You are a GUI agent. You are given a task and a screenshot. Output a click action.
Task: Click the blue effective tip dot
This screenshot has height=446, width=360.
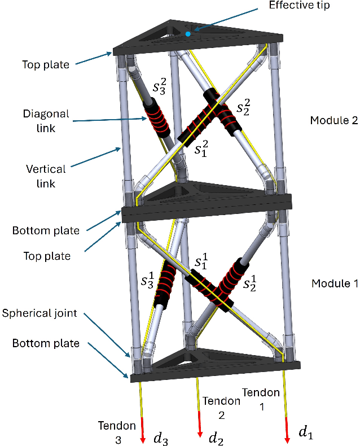click(x=188, y=34)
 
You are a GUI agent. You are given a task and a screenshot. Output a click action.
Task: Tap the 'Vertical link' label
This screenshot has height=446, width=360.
click(x=46, y=176)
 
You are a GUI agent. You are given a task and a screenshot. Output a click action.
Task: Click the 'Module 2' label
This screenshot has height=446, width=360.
click(x=333, y=120)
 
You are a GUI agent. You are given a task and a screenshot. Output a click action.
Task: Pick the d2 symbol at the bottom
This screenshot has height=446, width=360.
click(x=216, y=438)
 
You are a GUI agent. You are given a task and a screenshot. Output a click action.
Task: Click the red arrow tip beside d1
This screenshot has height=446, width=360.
click(x=288, y=440)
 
